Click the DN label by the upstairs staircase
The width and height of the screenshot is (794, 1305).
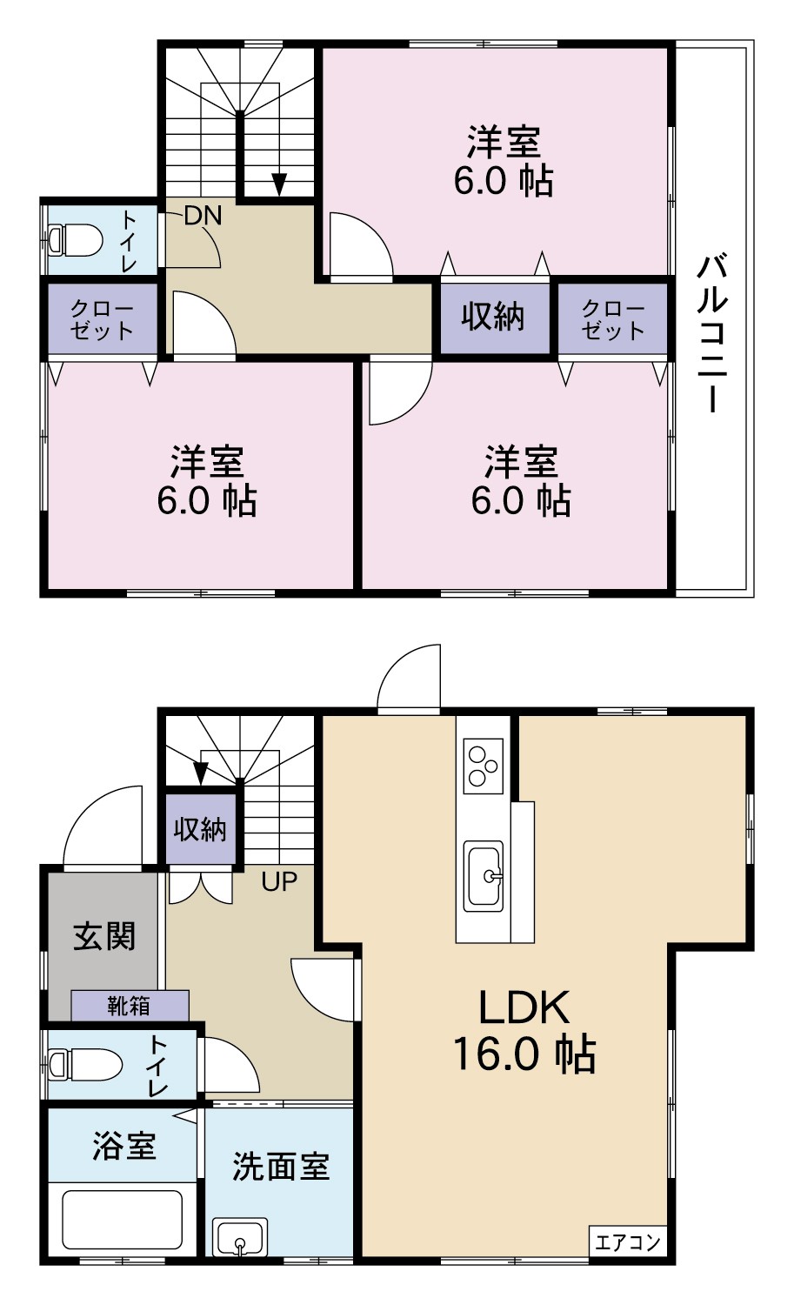[204, 216]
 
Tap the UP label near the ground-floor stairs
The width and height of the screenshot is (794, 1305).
[279, 881]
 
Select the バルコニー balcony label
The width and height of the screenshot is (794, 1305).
[712, 333]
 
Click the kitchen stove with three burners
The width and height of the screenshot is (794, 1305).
[483, 766]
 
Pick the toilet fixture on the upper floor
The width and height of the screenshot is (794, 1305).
[76, 239]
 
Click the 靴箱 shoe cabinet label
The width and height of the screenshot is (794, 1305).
[129, 1006]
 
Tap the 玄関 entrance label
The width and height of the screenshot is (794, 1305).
[104, 936]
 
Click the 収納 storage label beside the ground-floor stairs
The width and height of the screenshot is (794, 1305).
[200, 828]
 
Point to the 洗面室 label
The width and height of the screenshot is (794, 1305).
[281, 1167]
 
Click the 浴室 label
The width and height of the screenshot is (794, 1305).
[124, 1146]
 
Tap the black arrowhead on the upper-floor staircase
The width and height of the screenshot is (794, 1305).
[280, 184]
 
